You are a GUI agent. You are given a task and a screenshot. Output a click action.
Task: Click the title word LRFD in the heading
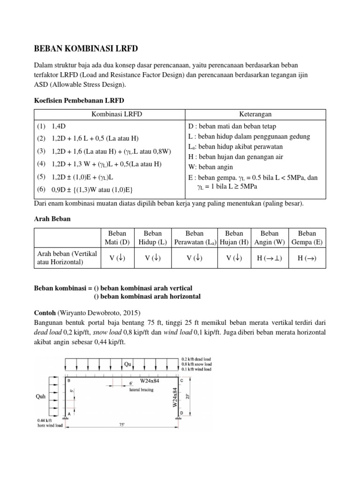[x=125, y=48]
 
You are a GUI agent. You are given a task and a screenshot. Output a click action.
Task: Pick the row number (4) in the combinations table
[x=41, y=164]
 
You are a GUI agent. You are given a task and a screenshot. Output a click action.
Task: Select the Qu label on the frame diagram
[x=128, y=364]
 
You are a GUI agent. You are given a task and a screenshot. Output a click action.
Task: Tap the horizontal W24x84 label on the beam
[x=151, y=381]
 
